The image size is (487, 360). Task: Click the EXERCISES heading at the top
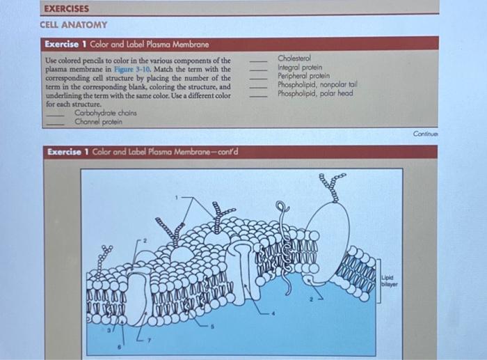67,8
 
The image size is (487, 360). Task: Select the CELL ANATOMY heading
74,25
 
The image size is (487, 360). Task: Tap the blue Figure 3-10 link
131,70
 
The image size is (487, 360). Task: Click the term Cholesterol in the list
294,58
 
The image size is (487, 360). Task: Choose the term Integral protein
300,67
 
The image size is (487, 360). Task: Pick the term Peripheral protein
304,76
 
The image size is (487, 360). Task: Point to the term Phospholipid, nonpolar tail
317,84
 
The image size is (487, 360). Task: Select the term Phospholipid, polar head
315,93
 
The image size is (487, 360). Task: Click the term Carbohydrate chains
106,113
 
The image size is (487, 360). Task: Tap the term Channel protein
99,122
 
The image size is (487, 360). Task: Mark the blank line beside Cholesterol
258,61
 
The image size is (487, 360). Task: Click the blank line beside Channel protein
55,125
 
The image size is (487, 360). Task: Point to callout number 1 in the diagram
176,198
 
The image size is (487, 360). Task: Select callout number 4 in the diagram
273,313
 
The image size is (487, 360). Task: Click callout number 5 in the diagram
212,327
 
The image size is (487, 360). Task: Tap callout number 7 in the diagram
149,341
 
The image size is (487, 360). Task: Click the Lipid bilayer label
389,281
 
